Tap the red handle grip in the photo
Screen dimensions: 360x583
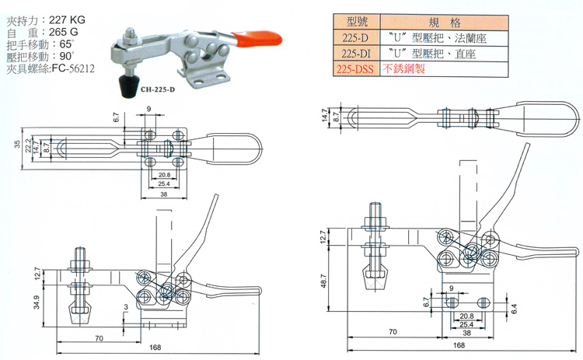[256, 36]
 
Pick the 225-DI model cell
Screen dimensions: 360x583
[353, 54]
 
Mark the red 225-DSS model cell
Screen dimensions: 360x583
[353, 69]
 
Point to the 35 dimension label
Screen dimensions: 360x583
[17, 144]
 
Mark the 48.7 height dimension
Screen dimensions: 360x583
[324, 286]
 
